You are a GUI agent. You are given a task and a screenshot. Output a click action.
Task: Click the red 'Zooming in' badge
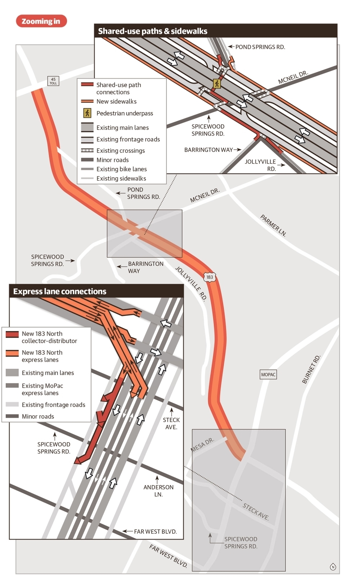click(41, 21)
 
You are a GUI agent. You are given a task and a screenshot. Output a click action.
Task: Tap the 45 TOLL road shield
click(53, 81)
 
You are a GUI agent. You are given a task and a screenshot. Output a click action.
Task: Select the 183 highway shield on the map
click(210, 277)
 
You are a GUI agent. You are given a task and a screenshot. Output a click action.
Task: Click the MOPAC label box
click(268, 375)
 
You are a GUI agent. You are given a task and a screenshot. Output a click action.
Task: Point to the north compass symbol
click(333, 567)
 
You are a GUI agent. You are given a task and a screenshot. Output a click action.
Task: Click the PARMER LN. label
click(273, 225)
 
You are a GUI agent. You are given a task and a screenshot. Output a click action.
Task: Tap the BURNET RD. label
click(311, 369)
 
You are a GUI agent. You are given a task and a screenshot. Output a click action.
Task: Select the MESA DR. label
click(202, 444)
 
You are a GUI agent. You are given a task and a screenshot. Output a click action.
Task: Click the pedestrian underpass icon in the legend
click(87, 113)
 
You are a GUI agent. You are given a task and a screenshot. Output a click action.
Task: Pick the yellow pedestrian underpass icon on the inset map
click(217, 84)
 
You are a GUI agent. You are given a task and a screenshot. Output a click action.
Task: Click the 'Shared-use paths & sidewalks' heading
click(153, 31)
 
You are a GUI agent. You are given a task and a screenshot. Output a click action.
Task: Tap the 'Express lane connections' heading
click(60, 291)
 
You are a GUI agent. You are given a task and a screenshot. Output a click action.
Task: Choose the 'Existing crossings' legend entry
click(120, 151)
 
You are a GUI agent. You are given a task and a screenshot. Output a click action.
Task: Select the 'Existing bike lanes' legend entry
click(121, 169)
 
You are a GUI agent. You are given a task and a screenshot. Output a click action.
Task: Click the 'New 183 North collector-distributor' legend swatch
click(12, 334)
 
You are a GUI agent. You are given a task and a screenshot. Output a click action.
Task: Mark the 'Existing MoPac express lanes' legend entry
click(42, 389)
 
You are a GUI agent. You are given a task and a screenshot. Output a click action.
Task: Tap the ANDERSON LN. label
click(158, 491)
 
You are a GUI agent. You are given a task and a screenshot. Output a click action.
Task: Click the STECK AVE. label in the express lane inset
click(171, 423)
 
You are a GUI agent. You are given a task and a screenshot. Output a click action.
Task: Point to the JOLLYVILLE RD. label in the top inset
click(260, 165)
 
